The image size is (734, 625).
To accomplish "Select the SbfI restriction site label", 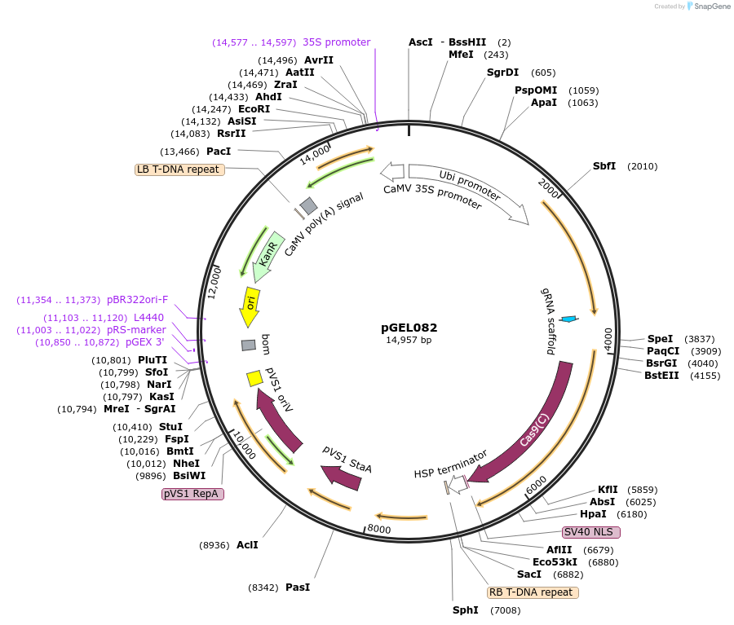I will click(x=604, y=166).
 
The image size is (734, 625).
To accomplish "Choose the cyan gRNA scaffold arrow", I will click(x=571, y=319).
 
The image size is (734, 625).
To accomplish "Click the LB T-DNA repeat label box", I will click(x=179, y=169).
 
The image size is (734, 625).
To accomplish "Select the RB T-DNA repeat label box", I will click(x=533, y=592).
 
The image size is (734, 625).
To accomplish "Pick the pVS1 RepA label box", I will click(x=193, y=494).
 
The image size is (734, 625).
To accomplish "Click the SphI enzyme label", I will click(x=465, y=610).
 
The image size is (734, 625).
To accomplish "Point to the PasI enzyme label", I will click(x=298, y=587).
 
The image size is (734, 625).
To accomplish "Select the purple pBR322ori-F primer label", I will click(x=137, y=300).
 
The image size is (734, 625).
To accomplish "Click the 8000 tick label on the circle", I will click(x=380, y=529).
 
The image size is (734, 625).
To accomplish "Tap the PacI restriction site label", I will click(x=219, y=152).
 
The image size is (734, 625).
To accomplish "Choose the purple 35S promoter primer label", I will click(x=336, y=42).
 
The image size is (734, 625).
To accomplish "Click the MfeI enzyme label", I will click(x=461, y=55).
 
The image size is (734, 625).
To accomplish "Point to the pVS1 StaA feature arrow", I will click(x=343, y=474).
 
